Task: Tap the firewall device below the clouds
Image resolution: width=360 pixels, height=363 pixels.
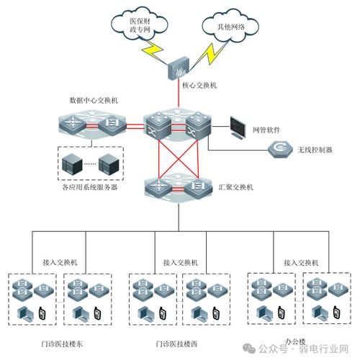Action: tap(176, 69)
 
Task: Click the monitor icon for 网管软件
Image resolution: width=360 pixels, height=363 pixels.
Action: tap(240, 127)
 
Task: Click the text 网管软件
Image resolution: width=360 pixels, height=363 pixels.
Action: tap(269, 130)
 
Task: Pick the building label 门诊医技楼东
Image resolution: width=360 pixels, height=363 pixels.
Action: tap(61, 344)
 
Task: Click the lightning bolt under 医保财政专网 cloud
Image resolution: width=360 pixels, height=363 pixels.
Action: tap(153, 51)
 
